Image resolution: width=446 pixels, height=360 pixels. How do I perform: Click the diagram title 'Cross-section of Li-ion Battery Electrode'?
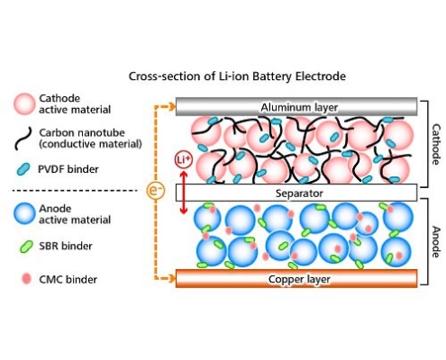(237, 76)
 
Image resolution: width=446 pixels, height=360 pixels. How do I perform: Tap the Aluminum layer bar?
(296, 107)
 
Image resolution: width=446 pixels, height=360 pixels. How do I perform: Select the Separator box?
(296, 193)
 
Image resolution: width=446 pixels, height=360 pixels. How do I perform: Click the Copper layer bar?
(296, 279)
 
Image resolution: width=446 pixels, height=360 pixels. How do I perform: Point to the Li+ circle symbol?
(183, 159)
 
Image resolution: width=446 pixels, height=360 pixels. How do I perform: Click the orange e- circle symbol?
(156, 190)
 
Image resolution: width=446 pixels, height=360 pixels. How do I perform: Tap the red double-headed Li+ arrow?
(184, 192)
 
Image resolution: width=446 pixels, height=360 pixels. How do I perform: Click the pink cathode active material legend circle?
(24, 103)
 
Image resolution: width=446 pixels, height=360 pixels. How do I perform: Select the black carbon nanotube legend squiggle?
(23, 139)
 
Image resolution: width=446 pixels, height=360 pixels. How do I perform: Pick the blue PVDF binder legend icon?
(23, 169)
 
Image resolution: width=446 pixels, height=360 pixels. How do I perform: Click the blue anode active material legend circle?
(24, 213)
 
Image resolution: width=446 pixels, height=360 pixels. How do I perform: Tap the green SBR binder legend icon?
(26, 247)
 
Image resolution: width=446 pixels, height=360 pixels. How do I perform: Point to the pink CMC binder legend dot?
(26, 279)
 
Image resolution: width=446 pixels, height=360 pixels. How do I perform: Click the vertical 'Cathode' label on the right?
(436, 144)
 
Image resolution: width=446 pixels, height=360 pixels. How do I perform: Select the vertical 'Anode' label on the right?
(436, 242)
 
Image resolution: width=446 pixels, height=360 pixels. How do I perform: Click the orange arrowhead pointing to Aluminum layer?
(172, 107)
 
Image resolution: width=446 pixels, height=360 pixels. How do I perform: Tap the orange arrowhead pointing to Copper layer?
(172, 279)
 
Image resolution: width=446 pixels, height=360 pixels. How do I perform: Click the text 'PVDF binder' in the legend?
(68, 169)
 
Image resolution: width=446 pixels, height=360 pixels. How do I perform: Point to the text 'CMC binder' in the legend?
(68, 280)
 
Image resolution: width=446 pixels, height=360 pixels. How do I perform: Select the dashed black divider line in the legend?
(75, 190)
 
